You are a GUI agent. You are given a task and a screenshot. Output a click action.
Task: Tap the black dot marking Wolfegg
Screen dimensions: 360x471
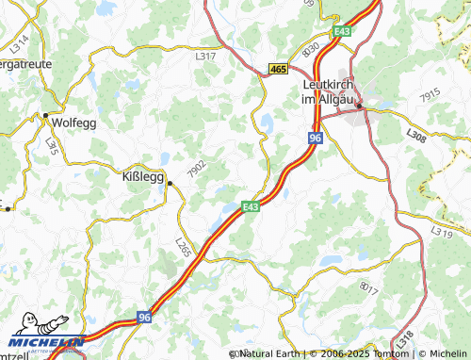tap(45, 116)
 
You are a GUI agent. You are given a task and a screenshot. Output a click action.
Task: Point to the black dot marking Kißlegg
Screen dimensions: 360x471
tap(170, 184)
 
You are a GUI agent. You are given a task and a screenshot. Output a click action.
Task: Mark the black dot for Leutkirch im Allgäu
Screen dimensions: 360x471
tap(359, 106)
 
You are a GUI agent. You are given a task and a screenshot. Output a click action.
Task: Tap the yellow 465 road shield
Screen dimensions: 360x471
tap(277, 69)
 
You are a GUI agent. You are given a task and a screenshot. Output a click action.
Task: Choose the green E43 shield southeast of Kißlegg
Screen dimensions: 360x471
tap(250, 206)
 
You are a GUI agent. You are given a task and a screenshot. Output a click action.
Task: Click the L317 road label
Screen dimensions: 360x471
tap(205, 57)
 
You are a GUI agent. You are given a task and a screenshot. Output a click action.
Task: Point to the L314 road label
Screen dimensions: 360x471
tap(22, 42)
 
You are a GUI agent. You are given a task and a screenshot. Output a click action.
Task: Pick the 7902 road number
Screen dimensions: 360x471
tap(197, 170)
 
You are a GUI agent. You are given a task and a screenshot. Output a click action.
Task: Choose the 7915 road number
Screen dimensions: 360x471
tap(430, 95)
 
